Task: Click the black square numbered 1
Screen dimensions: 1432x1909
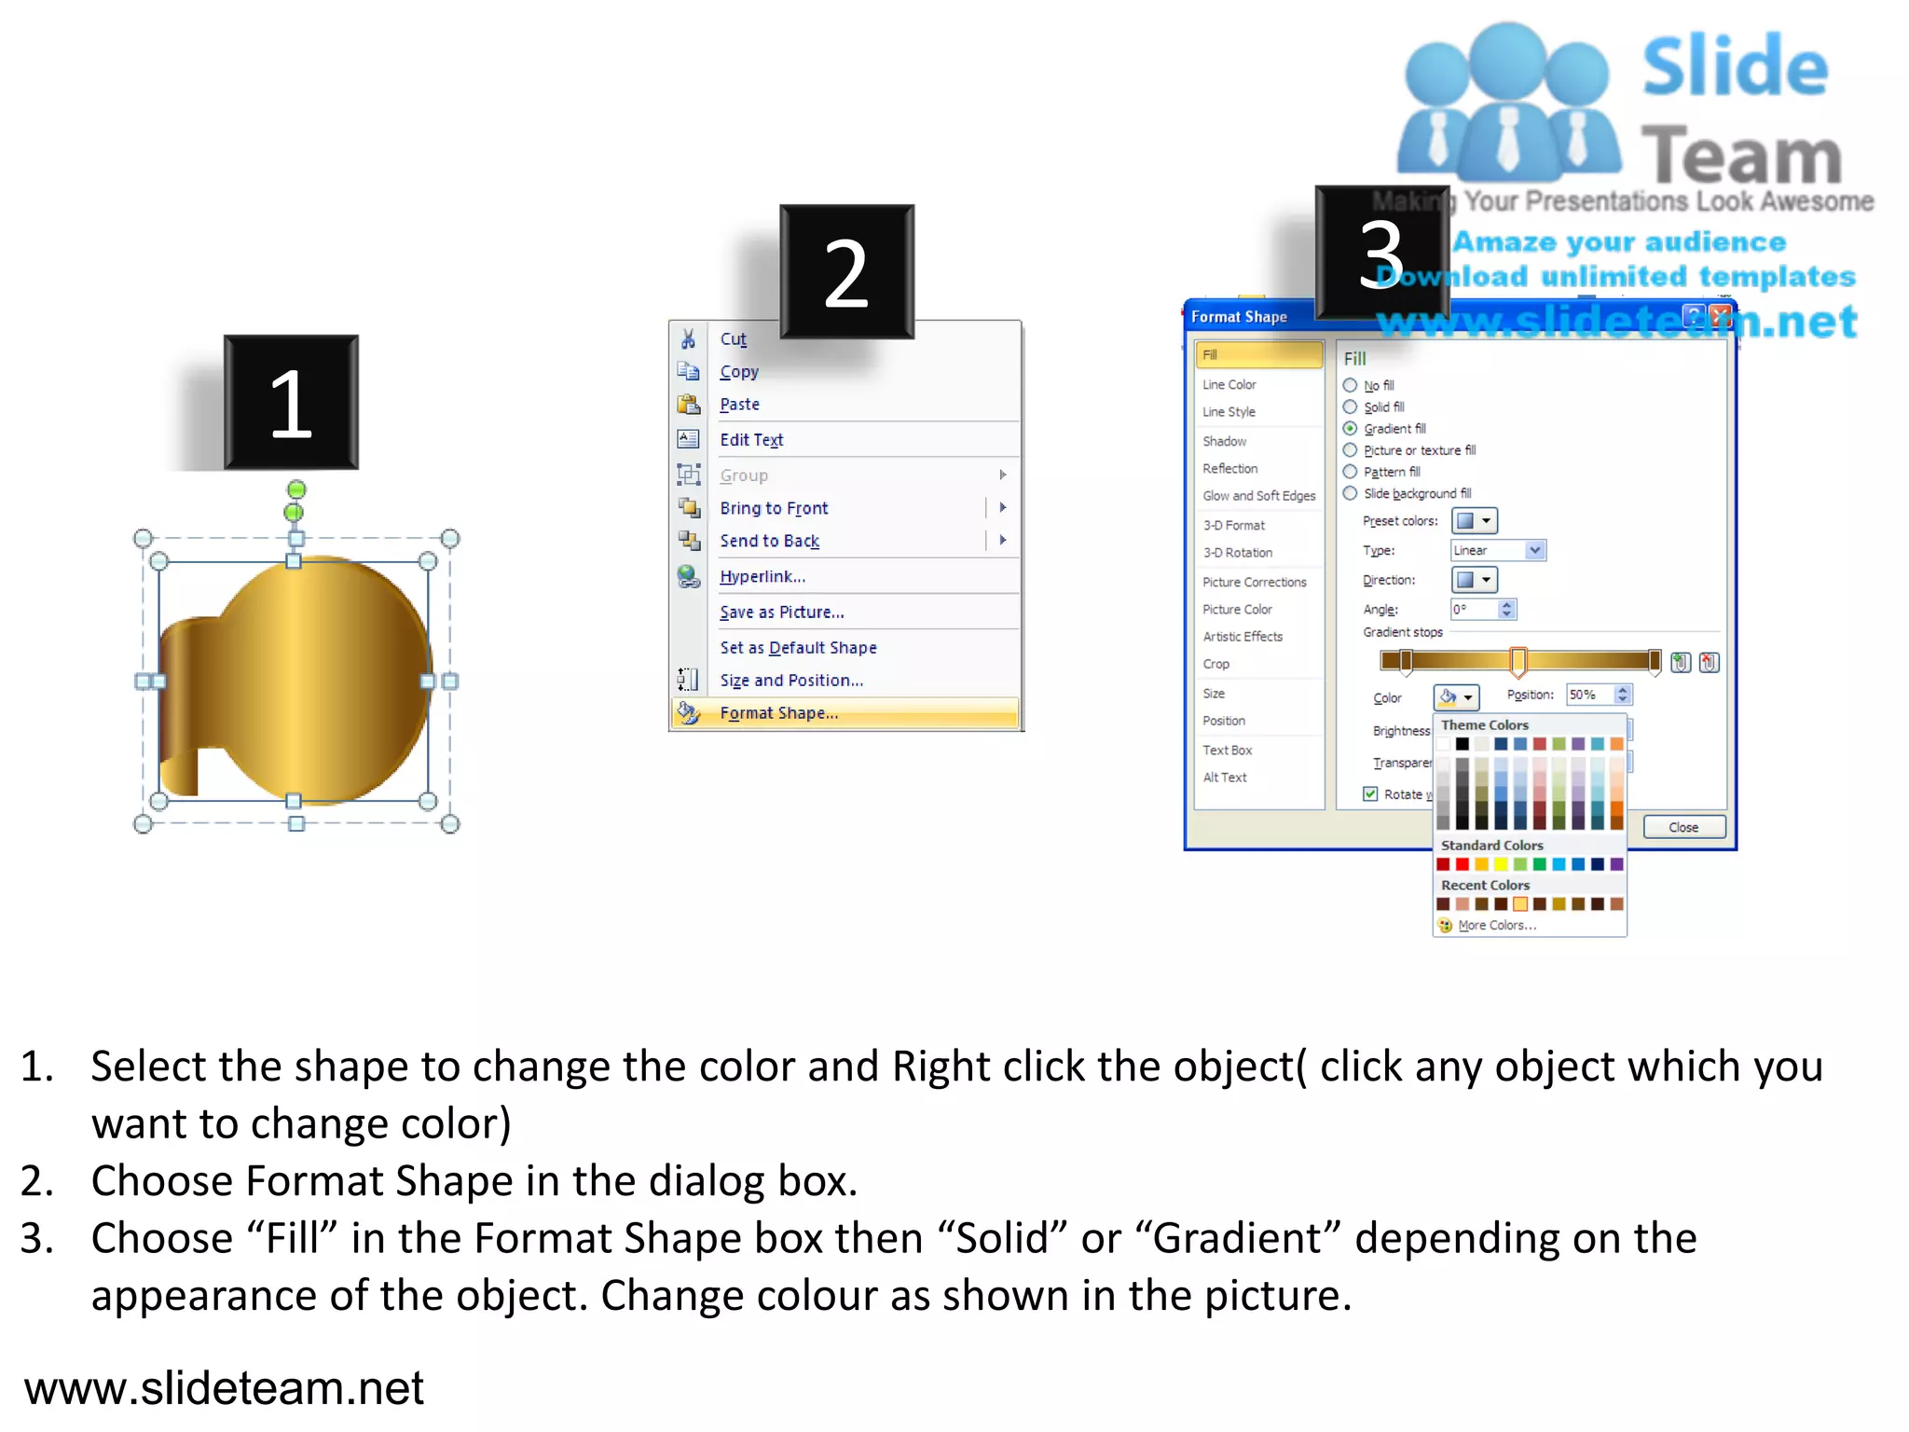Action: (291, 402)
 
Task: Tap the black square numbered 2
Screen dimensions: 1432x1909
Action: (846, 271)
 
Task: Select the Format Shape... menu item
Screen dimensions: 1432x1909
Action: (778, 713)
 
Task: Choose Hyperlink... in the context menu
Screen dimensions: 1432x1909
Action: (762, 576)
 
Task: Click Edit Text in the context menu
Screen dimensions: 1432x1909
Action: (750, 440)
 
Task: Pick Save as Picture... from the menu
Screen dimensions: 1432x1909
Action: (781, 613)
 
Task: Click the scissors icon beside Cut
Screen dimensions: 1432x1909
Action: (688, 338)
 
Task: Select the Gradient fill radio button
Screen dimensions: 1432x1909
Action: (1350, 429)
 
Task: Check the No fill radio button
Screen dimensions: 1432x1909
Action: (1350, 385)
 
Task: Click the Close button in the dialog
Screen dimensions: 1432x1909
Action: (1682, 827)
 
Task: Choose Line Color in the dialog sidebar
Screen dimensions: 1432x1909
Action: (1229, 384)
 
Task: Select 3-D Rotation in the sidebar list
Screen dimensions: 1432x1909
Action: (1237, 553)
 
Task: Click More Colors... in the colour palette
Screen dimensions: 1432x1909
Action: (1496, 925)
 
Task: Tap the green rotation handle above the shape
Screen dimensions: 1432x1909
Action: (295, 490)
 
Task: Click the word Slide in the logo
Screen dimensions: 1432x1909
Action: (1734, 67)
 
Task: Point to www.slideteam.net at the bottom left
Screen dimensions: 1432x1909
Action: (224, 1387)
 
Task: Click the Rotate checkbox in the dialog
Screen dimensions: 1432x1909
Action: (1370, 793)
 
